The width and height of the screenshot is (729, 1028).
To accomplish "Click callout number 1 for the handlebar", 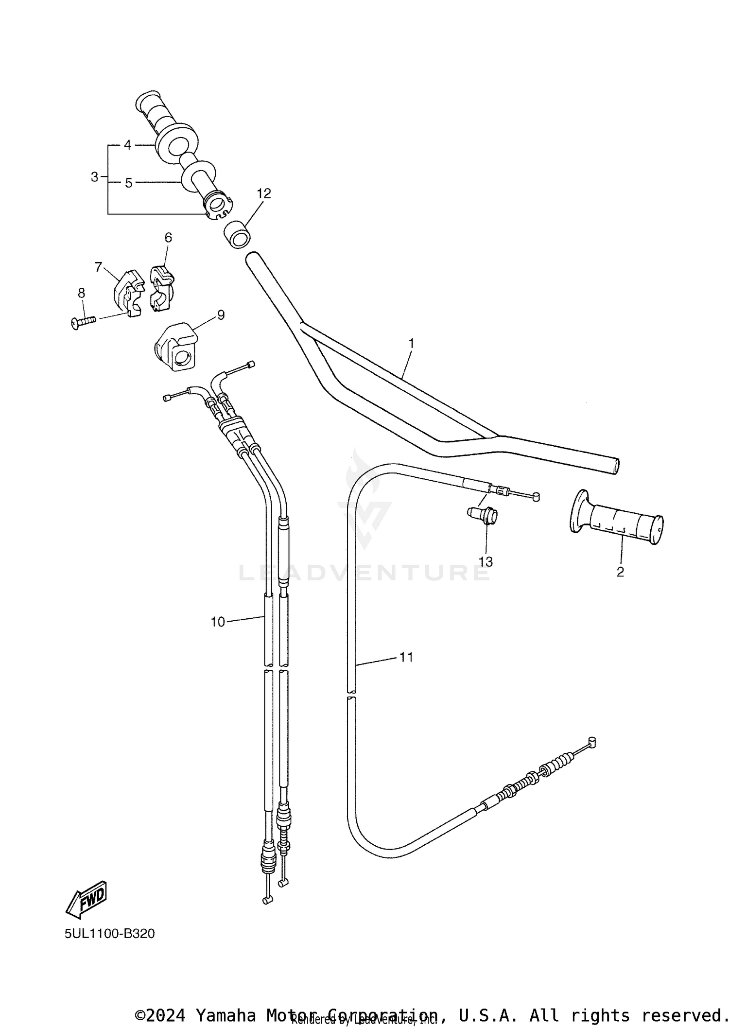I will [x=411, y=344].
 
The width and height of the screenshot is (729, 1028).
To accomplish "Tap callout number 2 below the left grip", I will [x=620, y=572].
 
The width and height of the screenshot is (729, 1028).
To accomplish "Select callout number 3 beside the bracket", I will [x=95, y=177].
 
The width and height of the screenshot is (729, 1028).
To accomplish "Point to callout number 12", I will [x=264, y=193].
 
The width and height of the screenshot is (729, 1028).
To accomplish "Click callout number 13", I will [x=486, y=562].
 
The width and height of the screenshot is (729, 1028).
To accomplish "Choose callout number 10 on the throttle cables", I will [x=218, y=622].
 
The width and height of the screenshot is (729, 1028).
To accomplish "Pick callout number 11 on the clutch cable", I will [x=406, y=657].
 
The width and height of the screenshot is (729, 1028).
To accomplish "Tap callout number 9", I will [x=221, y=315].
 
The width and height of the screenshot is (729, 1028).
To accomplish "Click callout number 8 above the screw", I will [x=81, y=293].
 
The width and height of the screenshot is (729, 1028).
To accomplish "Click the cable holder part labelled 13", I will [x=484, y=515].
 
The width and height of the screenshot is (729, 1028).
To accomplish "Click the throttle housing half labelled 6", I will [x=161, y=289].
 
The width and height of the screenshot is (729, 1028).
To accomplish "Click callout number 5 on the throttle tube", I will [x=128, y=183].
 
